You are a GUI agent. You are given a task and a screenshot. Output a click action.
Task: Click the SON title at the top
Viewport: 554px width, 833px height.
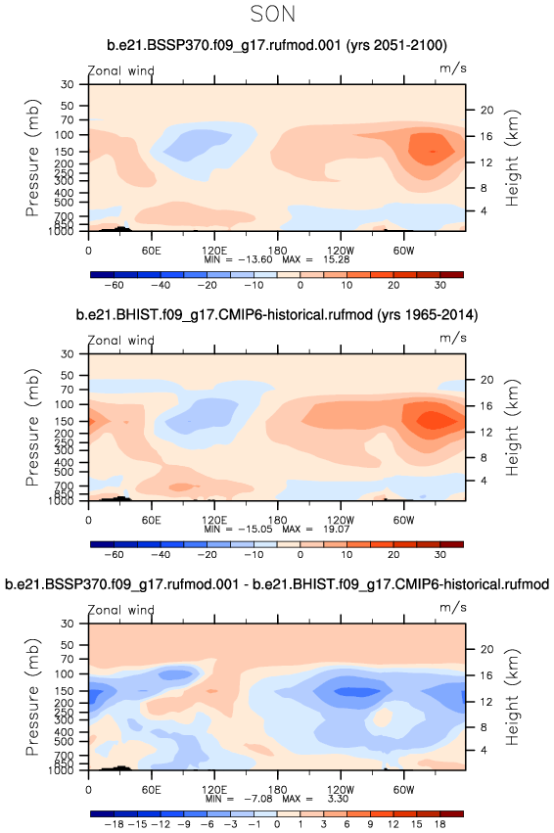[x=272, y=14]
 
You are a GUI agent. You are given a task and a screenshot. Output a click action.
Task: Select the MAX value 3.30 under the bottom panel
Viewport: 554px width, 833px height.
[x=338, y=799]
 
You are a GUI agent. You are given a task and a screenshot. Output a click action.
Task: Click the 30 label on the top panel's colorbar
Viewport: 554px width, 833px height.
[x=439, y=285]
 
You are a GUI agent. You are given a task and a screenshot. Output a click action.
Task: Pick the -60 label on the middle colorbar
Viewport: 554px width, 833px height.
[x=114, y=554]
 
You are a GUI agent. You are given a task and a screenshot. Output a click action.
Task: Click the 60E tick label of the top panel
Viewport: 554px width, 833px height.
[x=152, y=251]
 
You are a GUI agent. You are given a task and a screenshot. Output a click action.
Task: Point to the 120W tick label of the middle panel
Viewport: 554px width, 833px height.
[x=341, y=520]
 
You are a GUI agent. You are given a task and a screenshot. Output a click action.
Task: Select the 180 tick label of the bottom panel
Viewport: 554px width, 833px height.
[x=277, y=789]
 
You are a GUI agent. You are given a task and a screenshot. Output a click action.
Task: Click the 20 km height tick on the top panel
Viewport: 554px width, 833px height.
[x=487, y=110]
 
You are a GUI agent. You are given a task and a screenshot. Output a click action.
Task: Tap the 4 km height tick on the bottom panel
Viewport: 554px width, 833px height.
[x=484, y=750]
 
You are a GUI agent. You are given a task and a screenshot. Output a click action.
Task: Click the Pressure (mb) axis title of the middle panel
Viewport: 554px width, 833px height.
[x=33, y=427]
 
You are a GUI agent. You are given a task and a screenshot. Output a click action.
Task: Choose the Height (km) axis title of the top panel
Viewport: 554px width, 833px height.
[x=512, y=158]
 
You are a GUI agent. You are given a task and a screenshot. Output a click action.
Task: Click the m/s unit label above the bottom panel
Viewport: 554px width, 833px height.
[x=452, y=607]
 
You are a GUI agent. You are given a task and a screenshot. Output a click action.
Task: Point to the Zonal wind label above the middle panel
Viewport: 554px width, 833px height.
[x=120, y=340]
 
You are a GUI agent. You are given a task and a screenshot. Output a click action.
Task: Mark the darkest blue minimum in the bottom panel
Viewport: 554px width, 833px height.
[x=356, y=692]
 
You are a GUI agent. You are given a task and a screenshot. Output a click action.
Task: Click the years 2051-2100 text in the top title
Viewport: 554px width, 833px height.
[x=396, y=45]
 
